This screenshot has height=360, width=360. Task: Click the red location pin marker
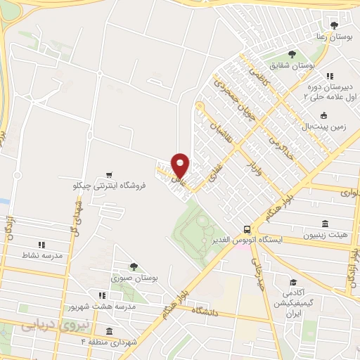(181, 165)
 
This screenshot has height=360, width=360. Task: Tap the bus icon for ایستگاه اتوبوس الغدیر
(247, 229)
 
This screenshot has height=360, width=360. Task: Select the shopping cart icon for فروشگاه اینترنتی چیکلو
(108, 174)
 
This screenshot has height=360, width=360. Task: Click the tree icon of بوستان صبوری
(134, 266)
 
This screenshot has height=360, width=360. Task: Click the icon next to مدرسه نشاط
(41, 245)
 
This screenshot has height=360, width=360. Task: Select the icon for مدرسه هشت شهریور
(102, 296)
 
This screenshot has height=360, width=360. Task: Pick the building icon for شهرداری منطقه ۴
(109, 331)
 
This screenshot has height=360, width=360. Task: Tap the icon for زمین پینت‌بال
(323, 116)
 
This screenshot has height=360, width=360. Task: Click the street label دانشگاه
(210, 310)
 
